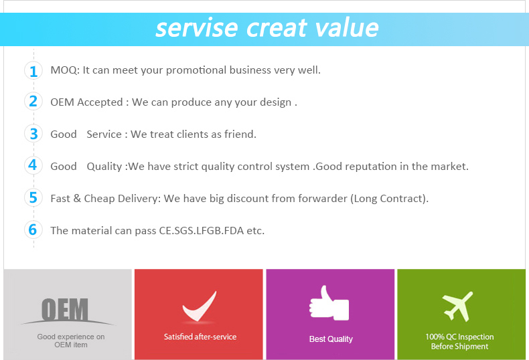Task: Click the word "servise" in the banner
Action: pos(197,28)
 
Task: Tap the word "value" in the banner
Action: pos(346,27)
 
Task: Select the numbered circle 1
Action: pos(33,71)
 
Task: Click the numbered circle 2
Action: pos(33,101)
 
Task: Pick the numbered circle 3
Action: pos(33,133)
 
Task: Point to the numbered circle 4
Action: pos(33,165)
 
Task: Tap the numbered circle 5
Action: pos(33,197)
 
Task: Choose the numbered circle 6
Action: pos(33,230)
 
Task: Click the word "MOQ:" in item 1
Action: pos(65,70)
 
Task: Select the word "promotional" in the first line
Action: pos(196,70)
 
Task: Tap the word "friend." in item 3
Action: pos(240,134)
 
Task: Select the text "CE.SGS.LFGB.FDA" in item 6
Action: pos(202,231)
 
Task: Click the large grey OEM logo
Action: pos(65,309)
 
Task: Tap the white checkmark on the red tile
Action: pos(200,306)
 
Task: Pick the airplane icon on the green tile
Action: pos(457,306)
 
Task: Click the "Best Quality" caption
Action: pos(331,339)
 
